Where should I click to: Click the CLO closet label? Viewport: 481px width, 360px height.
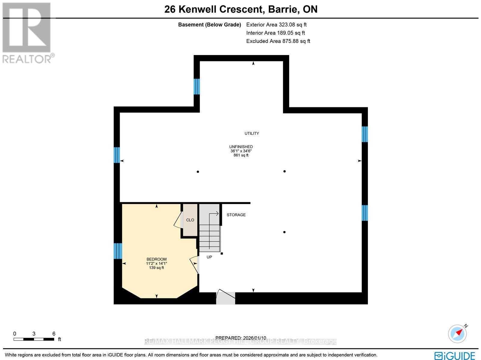pos(190,220)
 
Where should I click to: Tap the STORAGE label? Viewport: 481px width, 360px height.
pos(236,215)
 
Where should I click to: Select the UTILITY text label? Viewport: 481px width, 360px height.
pos(252,133)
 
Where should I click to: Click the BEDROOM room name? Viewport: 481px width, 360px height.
pos(156,259)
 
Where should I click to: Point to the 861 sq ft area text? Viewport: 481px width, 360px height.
pos(241,155)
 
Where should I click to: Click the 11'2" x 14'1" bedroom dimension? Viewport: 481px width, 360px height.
pos(156,264)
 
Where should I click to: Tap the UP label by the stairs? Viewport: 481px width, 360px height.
pos(209,257)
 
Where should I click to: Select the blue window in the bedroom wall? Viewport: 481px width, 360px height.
pos(118,251)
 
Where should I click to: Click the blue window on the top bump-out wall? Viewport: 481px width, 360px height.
pos(197,87)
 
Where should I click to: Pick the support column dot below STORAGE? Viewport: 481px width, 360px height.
pos(284,232)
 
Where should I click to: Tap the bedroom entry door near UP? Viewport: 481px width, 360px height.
pos(195,264)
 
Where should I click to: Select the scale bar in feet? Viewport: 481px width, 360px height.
pos(34,339)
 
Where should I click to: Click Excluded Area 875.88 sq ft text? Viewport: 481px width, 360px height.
pos(278,41)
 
